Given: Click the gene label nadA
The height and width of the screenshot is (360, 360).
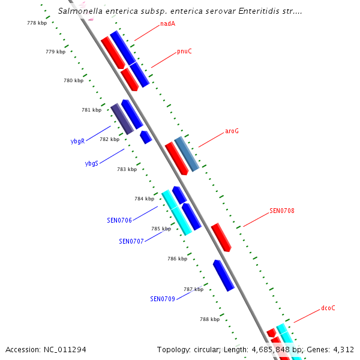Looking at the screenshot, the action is coord(167,25).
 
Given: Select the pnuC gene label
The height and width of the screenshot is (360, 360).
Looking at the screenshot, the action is coord(184,51).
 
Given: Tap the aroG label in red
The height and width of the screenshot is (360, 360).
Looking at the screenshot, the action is coord(232,131).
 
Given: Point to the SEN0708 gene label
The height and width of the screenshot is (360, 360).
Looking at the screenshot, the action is coord(281,211).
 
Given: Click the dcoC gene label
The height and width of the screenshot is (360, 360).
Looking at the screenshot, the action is coord(328,308).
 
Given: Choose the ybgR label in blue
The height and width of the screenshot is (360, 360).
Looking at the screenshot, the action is coord(77,142).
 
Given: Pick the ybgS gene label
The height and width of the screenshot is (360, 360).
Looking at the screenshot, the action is coord(91,163).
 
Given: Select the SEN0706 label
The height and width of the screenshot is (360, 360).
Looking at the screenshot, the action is coord(119,220).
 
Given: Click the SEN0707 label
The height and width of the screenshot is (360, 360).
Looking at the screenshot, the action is coord(131,241).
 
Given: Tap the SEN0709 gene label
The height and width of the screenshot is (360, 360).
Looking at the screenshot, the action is coord(162,298).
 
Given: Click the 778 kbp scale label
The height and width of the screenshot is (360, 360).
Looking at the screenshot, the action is coord(37,23).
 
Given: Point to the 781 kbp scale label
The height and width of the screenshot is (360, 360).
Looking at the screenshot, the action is coord(91,110).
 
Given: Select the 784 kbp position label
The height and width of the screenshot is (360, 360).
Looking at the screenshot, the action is coord(144,199).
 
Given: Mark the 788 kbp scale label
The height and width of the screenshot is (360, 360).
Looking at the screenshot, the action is coord(210,319).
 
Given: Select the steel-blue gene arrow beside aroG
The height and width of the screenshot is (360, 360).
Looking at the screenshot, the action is coord(186,154).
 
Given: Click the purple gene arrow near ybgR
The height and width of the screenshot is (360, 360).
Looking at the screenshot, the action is coord(122,118).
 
